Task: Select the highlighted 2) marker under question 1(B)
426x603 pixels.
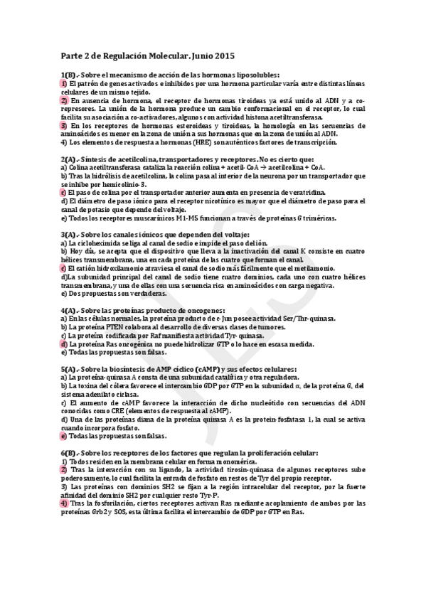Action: coord(63,100)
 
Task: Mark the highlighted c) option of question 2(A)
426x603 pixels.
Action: coord(63,193)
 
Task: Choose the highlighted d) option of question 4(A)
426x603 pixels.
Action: coord(63,343)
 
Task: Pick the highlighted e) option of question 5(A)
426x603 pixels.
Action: coord(63,436)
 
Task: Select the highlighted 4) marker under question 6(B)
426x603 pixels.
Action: coord(63,503)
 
